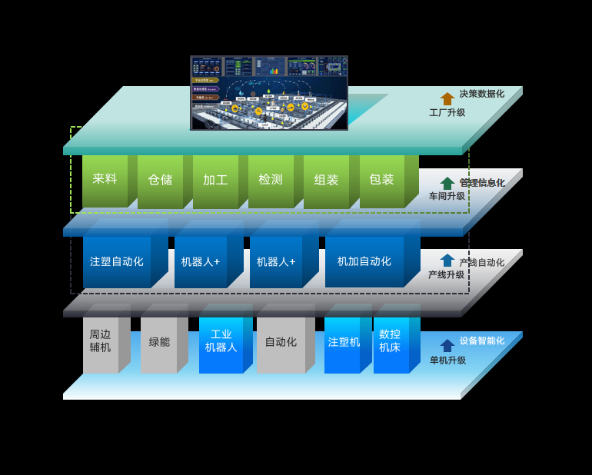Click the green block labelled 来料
coord(105,179)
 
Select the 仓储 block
coord(160,180)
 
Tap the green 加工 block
coord(215,180)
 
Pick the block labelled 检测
coord(271,180)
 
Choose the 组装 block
coord(326,180)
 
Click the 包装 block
coord(381,180)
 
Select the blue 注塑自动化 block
coord(117,261)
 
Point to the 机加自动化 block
coord(364,261)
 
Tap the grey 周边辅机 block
coord(100,341)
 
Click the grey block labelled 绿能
coord(158,342)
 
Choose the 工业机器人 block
coord(221,341)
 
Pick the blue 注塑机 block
coord(342,342)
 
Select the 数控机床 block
coord(391,341)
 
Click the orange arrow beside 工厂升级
coord(447,98)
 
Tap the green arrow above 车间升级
coord(447,183)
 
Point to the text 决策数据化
coord(482,94)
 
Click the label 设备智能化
coord(482,340)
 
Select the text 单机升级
coord(447,360)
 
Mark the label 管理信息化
coord(482,183)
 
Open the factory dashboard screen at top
coord(269,92)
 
